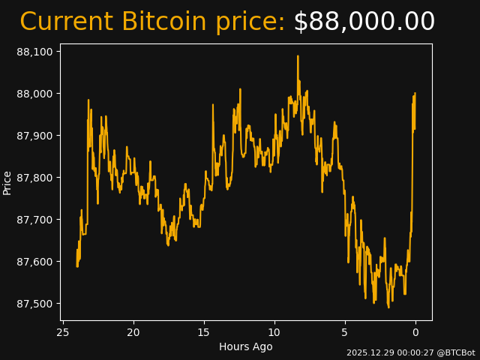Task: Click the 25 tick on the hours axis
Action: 63,332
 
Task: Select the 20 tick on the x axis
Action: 133,332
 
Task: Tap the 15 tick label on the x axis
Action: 204,332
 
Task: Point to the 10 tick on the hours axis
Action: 274,332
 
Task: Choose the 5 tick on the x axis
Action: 345,332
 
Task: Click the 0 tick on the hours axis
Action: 415,332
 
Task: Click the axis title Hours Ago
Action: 245,346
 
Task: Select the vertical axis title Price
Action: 7,182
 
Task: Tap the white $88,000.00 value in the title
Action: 364,22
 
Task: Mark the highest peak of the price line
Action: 298,55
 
